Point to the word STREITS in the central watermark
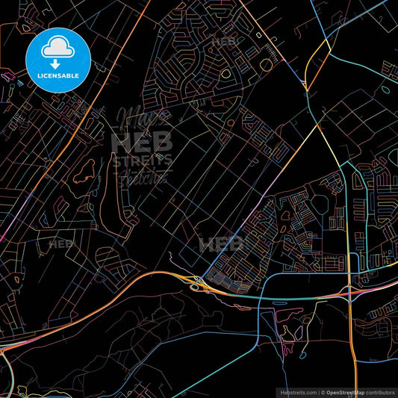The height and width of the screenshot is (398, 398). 142,159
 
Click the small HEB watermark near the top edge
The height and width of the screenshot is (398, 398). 223,42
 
